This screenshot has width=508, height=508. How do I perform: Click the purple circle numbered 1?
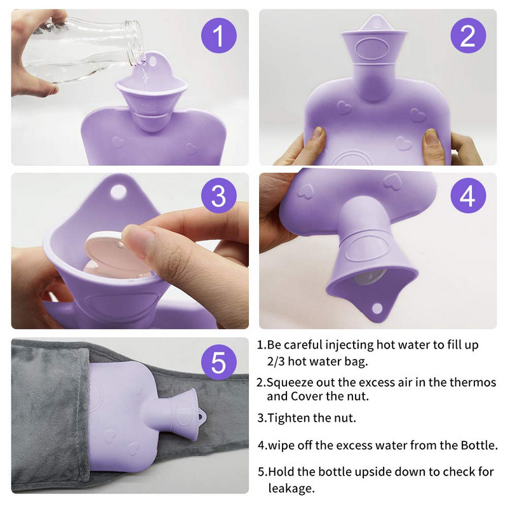(x=218, y=36)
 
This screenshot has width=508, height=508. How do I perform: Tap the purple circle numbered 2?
(x=468, y=36)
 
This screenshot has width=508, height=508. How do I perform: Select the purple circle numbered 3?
(x=218, y=196)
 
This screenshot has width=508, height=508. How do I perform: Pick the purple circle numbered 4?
(x=468, y=196)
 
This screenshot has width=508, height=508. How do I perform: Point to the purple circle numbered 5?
(x=218, y=362)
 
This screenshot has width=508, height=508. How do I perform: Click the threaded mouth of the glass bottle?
(x=134, y=41)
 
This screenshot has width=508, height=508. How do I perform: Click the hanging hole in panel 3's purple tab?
(x=118, y=192)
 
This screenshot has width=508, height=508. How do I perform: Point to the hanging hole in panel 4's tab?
(x=377, y=309)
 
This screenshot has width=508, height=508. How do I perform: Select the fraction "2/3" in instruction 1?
(x=276, y=361)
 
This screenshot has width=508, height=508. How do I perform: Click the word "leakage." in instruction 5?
(x=291, y=488)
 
